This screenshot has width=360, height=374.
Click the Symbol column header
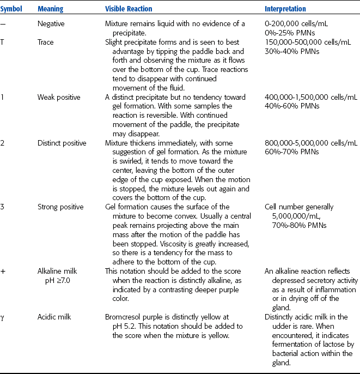click(x=14, y=9)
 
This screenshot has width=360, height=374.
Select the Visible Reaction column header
click(x=129, y=9)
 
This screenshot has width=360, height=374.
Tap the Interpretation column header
click(x=285, y=9)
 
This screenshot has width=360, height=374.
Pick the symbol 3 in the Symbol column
click(x=4, y=207)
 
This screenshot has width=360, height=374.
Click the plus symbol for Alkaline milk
click(x=5, y=271)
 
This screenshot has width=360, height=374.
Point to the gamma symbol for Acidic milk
click(x=4, y=316)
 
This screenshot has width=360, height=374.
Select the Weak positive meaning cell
click(x=59, y=97)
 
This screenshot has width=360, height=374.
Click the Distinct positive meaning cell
click(x=62, y=143)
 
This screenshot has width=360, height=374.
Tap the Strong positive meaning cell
click(x=60, y=207)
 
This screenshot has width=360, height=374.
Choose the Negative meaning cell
click(x=50, y=24)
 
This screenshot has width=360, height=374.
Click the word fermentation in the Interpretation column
click(x=286, y=346)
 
